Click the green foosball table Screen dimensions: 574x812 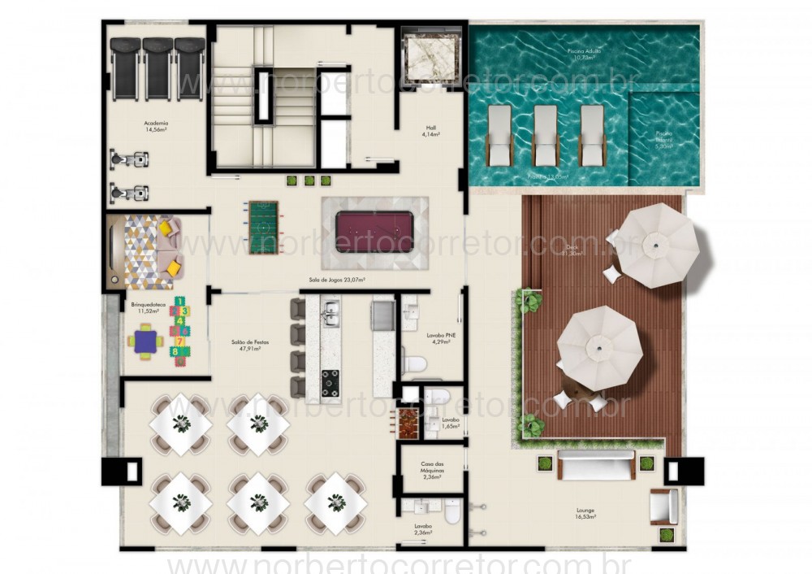coord(262,227)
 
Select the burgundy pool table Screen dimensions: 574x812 coord(374,232)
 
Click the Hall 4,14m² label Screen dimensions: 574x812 coord(431,131)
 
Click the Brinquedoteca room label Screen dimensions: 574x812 coord(148,307)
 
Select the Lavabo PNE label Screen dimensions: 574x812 coord(441,338)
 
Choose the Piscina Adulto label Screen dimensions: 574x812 coord(583,54)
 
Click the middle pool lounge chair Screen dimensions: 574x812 coord(546,133)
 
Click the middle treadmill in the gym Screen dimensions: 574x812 coord(159,68)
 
